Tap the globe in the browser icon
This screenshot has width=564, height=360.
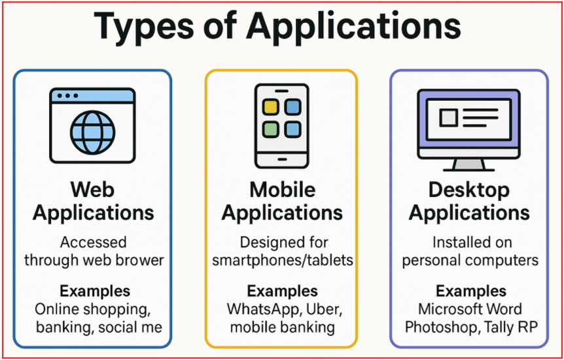(92, 132)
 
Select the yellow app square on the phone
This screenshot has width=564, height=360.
(271, 107)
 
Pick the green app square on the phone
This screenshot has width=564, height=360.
(271, 129)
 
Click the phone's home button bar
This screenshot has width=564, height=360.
(281, 159)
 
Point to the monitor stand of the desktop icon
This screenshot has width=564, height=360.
(468, 165)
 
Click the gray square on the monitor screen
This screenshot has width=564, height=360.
(448, 117)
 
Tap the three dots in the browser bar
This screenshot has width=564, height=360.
(67, 96)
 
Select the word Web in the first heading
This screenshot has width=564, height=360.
(92, 190)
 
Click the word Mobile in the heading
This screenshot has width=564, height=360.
(282, 190)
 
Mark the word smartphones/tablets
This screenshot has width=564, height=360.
(282, 261)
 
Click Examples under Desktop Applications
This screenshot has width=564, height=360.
(471, 291)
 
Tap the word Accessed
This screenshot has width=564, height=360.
(93, 242)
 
